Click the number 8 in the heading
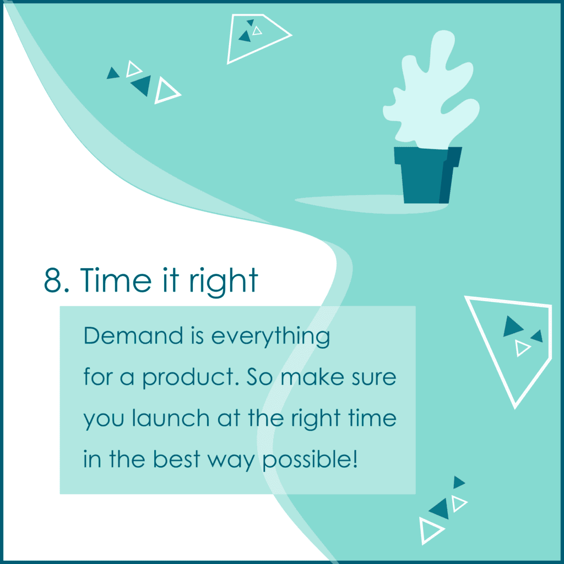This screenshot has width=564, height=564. coord(53,280)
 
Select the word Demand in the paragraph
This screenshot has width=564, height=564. coord(133,335)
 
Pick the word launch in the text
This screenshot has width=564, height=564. coord(171,418)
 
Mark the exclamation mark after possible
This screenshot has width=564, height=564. coord(355,459)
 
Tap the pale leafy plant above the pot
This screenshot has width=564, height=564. coord(432,90)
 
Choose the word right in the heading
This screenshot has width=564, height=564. coord(224,282)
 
